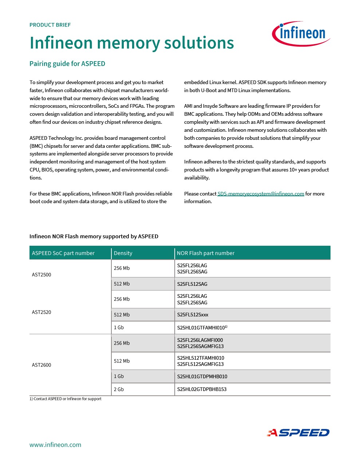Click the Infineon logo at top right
click(x=301, y=33)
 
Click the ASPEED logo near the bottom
click(x=298, y=433)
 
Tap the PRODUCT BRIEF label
click(x=50, y=25)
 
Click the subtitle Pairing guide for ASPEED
click(x=67, y=64)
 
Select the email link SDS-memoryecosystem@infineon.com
click(x=261, y=194)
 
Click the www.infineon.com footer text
click(x=55, y=445)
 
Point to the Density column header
click(x=123, y=253)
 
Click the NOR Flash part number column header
click(x=206, y=253)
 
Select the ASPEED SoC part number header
click(x=63, y=253)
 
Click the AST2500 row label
click(x=41, y=275)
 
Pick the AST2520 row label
click(x=41, y=312)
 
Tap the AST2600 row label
click(x=41, y=365)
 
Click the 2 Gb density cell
click(x=119, y=389)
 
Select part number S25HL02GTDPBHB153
click(x=202, y=389)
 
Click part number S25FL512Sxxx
click(x=193, y=315)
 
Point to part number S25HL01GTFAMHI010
click(x=201, y=328)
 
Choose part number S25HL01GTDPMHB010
click(x=202, y=376)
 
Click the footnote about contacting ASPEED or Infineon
click(x=66, y=399)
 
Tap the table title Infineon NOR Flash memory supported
click(x=94, y=236)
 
